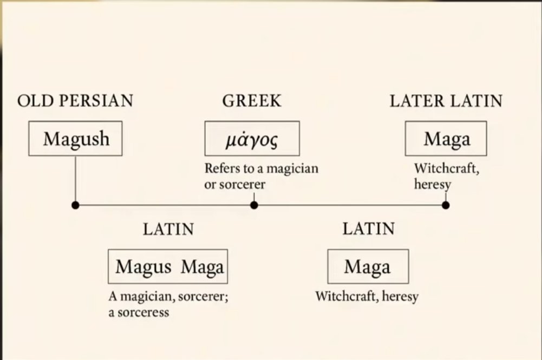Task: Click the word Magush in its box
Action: [x=76, y=139]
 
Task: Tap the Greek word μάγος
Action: [x=252, y=140]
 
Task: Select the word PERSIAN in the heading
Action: [x=96, y=101]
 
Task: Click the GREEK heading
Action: [x=252, y=101]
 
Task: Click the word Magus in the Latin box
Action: [x=143, y=267]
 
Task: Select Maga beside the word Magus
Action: [x=202, y=267]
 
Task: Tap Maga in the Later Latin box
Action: [x=447, y=139]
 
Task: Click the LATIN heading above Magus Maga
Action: [x=169, y=230]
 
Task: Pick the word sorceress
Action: [x=143, y=313]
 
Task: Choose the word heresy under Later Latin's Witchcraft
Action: [x=433, y=184]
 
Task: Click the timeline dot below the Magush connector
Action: [x=75, y=205]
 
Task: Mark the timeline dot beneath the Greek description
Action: [x=254, y=205]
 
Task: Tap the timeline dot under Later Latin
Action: [x=446, y=205]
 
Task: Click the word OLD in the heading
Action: [x=36, y=101]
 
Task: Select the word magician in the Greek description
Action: [x=292, y=168]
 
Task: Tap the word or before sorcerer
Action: [x=210, y=185]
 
